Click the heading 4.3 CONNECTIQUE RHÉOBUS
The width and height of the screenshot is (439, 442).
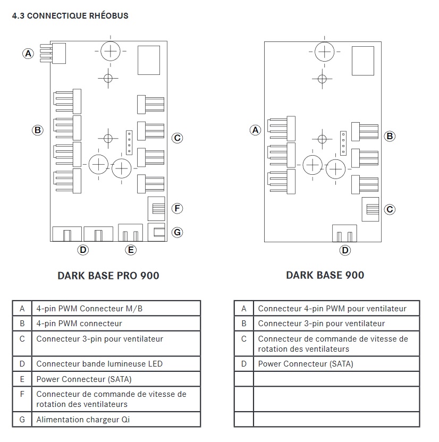click(x=70, y=16)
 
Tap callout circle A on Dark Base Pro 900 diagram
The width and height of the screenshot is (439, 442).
click(x=28, y=53)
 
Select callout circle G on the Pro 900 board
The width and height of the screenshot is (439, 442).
click(x=178, y=232)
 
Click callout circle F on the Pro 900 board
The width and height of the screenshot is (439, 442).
click(x=178, y=208)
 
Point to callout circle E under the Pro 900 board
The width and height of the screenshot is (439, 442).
click(x=130, y=250)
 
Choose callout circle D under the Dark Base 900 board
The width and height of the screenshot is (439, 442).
click(x=345, y=250)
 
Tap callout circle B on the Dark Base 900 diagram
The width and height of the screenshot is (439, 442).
click(x=390, y=136)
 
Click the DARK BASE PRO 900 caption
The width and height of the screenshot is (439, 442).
click(x=108, y=275)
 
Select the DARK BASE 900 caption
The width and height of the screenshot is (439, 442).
click(x=325, y=275)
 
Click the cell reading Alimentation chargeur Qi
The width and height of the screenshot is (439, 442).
click(x=82, y=420)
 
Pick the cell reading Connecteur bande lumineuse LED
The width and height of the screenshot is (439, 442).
click(x=99, y=364)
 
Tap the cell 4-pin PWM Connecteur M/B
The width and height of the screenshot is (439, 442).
click(x=89, y=309)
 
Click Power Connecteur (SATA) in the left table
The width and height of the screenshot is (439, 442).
click(x=83, y=379)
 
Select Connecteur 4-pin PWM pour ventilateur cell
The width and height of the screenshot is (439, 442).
click(x=332, y=309)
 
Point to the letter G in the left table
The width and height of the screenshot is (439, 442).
click(x=22, y=420)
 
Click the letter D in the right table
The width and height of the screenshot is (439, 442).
click(x=244, y=364)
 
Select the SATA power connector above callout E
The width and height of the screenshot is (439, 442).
click(x=131, y=233)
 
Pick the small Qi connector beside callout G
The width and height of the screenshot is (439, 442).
click(x=158, y=232)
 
